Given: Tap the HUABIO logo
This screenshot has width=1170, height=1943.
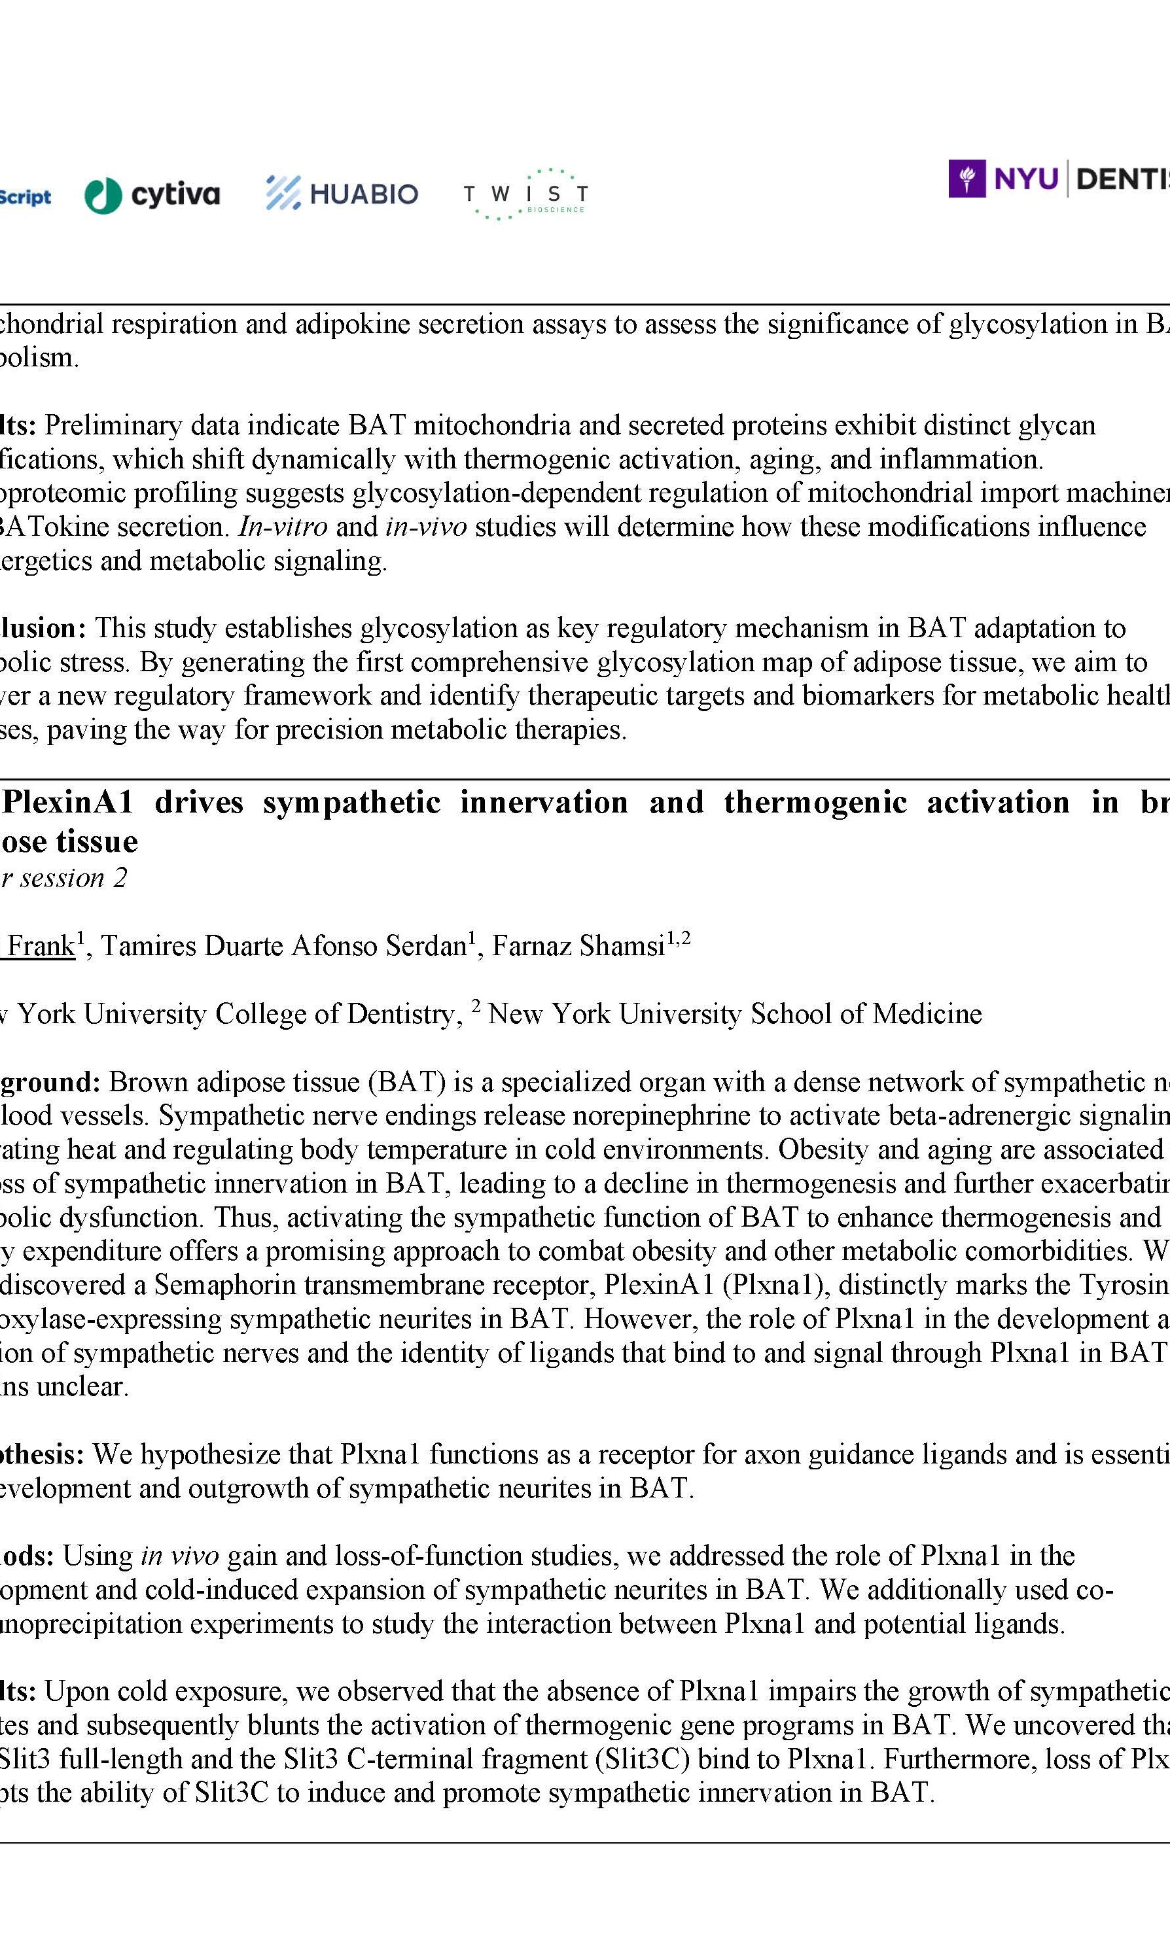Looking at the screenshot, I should click(x=342, y=194).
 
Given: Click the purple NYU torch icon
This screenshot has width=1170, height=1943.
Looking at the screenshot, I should click(x=966, y=179).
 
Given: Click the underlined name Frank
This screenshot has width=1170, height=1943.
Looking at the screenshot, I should click(x=41, y=946).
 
